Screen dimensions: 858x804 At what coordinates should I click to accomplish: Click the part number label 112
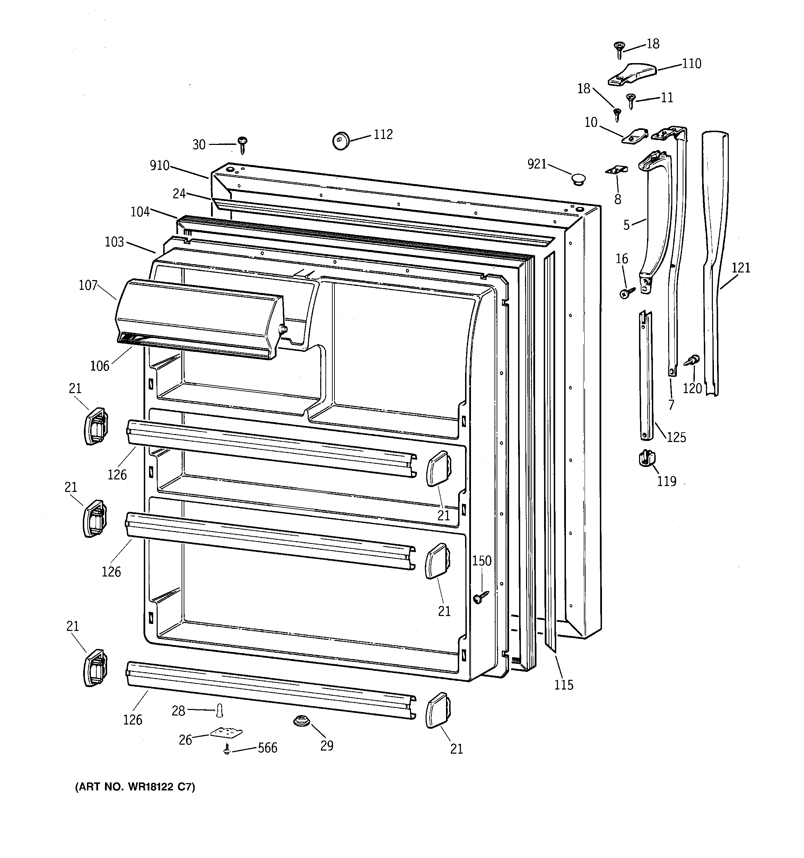tap(383, 135)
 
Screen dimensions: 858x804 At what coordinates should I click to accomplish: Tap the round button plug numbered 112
tap(341, 141)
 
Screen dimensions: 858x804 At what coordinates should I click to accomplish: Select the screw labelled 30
tap(243, 145)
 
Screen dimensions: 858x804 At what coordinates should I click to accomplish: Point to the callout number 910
tap(159, 165)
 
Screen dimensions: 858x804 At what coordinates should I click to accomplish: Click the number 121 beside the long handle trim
tap(741, 268)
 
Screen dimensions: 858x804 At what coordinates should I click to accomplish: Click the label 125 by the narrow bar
tap(676, 437)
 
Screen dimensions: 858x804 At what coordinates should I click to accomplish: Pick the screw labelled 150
tap(480, 597)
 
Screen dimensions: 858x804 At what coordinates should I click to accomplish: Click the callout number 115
tap(563, 685)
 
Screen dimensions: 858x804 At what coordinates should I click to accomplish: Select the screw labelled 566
tap(227, 751)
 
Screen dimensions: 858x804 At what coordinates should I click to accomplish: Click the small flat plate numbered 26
tap(226, 733)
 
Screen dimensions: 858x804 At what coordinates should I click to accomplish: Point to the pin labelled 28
tap(220, 710)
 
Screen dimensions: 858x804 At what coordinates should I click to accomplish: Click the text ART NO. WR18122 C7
tap(135, 787)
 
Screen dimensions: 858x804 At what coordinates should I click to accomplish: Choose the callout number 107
tap(88, 285)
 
